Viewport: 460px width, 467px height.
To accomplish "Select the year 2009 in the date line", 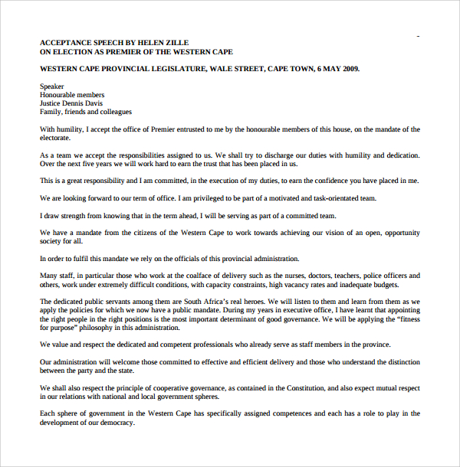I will coord(349,69).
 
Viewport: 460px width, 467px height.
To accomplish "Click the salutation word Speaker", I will coord(52,87).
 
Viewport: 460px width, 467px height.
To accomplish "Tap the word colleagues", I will coord(113,112).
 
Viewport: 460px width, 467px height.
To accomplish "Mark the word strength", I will coord(74,215).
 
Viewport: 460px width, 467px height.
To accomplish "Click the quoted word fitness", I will coord(405,318).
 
